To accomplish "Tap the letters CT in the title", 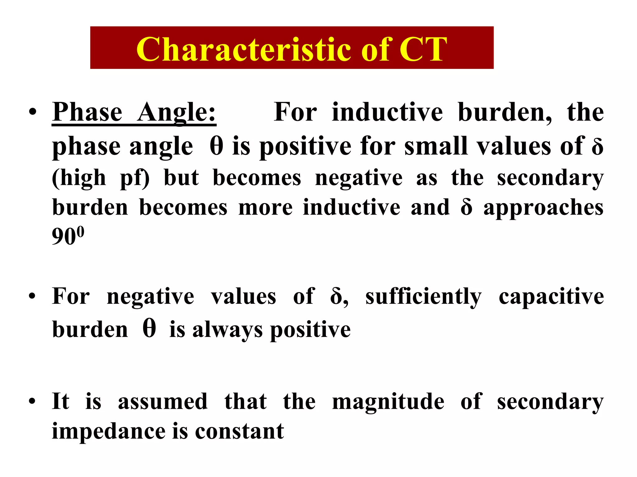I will (x=423, y=49).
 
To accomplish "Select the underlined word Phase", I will (x=87, y=112).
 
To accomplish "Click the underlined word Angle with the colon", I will (x=176, y=112).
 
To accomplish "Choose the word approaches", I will (x=543, y=207).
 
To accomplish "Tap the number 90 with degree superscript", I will (x=68, y=236).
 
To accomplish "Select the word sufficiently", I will (x=423, y=297).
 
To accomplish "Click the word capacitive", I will (x=551, y=297).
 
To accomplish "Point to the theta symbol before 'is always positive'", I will (x=149, y=329).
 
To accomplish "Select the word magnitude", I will (x=388, y=402).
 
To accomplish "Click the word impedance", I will (x=109, y=431).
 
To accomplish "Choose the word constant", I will (x=239, y=431).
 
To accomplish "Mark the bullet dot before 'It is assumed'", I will (x=32, y=402).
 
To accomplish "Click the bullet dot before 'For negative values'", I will (x=32, y=297).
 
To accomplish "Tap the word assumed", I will (x=163, y=402).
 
